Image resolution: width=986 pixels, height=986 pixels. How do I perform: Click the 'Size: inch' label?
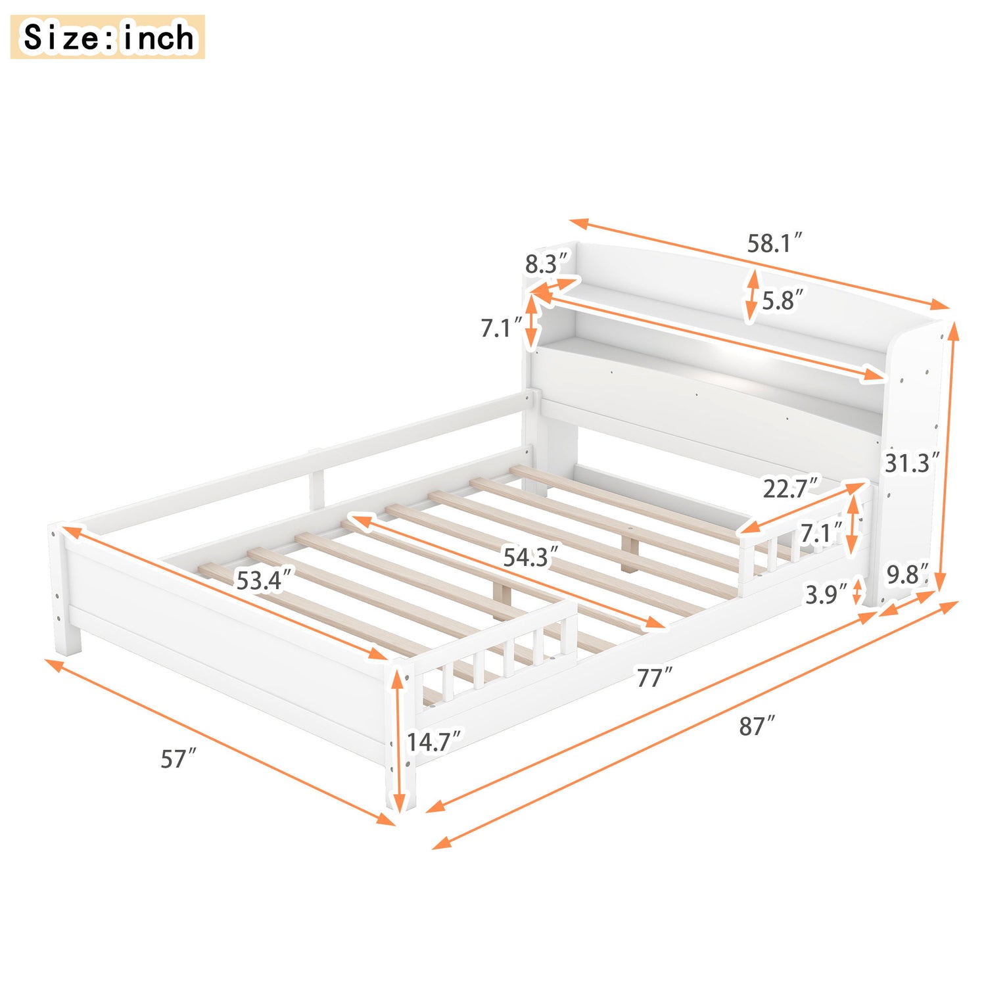pyautogui.click(x=108, y=37)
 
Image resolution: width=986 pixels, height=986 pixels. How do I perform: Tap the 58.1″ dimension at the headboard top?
pyautogui.click(x=774, y=243)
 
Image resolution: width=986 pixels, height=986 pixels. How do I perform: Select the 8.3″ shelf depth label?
pyautogui.click(x=546, y=264)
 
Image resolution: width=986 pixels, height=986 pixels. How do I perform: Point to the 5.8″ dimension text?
pyautogui.click(x=782, y=300)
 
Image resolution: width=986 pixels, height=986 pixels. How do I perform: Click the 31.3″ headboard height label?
pyautogui.click(x=911, y=463)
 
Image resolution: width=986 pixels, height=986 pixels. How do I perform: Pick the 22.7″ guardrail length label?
pyautogui.click(x=791, y=488)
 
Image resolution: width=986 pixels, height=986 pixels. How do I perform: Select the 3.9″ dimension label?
pyautogui.click(x=826, y=594)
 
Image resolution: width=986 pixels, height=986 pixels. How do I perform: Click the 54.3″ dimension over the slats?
pyautogui.click(x=530, y=557)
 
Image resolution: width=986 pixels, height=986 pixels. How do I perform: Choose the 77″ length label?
pyautogui.click(x=654, y=677)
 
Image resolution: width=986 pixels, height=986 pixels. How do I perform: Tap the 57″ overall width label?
pyautogui.click(x=178, y=759)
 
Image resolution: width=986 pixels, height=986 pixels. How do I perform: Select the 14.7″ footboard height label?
pyautogui.click(x=434, y=742)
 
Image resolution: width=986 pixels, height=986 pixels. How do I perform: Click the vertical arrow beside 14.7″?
pyautogui.click(x=398, y=739)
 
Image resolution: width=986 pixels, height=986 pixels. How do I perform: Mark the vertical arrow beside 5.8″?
pyautogui.click(x=751, y=296)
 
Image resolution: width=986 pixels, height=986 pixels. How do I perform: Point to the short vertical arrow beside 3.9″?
pyautogui.click(x=857, y=591)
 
